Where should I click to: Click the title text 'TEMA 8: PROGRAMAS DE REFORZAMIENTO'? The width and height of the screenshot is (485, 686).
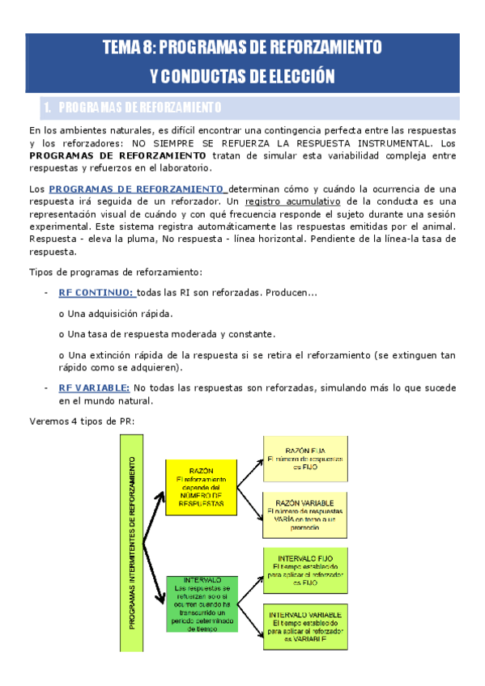coord(242,47)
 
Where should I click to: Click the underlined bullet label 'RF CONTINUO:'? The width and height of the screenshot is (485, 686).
coord(97,293)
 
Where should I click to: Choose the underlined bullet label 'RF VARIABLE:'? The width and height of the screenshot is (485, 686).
coord(94,388)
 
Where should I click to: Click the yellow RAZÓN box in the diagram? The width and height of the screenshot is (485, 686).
coord(201,487)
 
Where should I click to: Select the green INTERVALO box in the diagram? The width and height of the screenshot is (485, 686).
coord(201,603)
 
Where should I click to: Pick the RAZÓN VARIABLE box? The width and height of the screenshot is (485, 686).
coord(305,514)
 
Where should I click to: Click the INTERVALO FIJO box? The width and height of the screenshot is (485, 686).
coord(307,570)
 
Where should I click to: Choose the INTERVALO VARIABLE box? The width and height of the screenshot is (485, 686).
coord(307,623)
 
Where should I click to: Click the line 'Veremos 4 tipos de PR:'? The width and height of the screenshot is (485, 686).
coord(82,421)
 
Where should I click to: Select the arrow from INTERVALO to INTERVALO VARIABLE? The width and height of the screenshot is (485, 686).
coord(249,619)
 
